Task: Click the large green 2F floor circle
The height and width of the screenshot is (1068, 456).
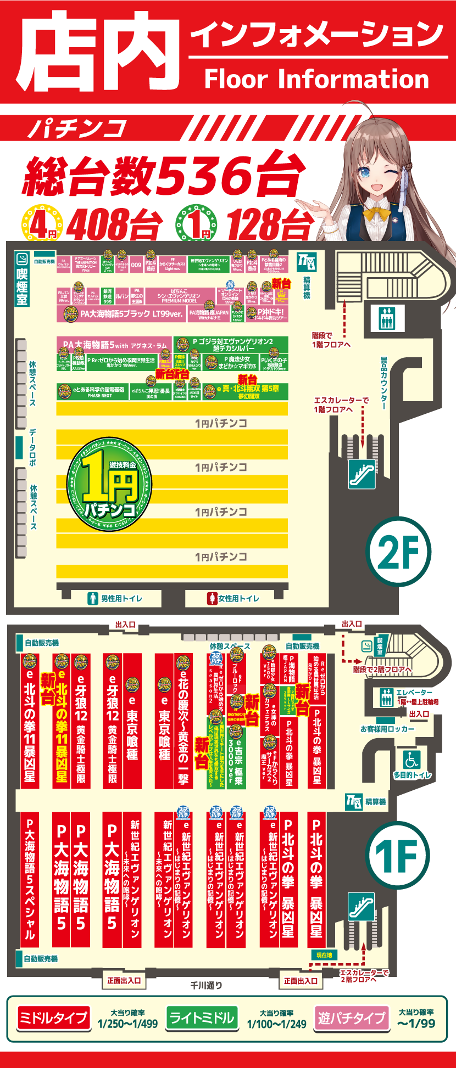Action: (x=398, y=551)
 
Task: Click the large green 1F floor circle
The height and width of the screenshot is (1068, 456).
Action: (x=397, y=855)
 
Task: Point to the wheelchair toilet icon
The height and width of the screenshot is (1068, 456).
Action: (x=411, y=760)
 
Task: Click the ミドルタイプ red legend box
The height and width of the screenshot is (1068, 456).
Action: (x=53, y=1019)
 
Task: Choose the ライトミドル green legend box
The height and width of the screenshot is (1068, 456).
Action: (x=201, y=1019)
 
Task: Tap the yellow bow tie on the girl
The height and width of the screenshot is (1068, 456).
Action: (x=377, y=212)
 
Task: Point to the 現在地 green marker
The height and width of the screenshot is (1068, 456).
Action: (x=324, y=955)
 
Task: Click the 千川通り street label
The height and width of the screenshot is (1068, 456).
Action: (x=207, y=986)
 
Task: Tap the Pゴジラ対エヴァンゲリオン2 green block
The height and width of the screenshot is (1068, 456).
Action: (x=231, y=345)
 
